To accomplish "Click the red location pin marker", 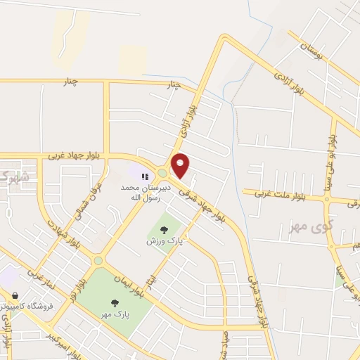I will [x=181, y=166].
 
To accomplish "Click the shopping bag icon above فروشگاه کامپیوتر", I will [x=15, y=296].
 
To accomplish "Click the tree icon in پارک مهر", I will [x=115, y=302].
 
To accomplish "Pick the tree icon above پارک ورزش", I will [x=164, y=229].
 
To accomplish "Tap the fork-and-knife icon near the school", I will [x=143, y=177].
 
